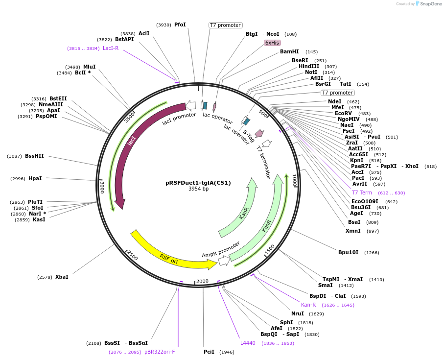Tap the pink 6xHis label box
(272, 43)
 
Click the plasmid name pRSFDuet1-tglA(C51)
(198, 183)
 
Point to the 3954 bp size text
(198, 189)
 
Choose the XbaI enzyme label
(62, 277)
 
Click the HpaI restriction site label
(35, 178)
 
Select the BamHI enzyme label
(289, 51)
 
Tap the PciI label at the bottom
(209, 352)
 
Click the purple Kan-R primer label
(308, 305)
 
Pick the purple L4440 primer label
(248, 343)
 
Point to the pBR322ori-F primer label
(160, 352)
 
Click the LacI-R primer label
(111, 48)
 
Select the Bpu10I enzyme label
(348, 252)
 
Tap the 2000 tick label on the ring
(202, 281)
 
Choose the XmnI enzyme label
(352, 231)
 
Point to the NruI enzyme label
(298, 313)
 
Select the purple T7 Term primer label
(362, 192)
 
